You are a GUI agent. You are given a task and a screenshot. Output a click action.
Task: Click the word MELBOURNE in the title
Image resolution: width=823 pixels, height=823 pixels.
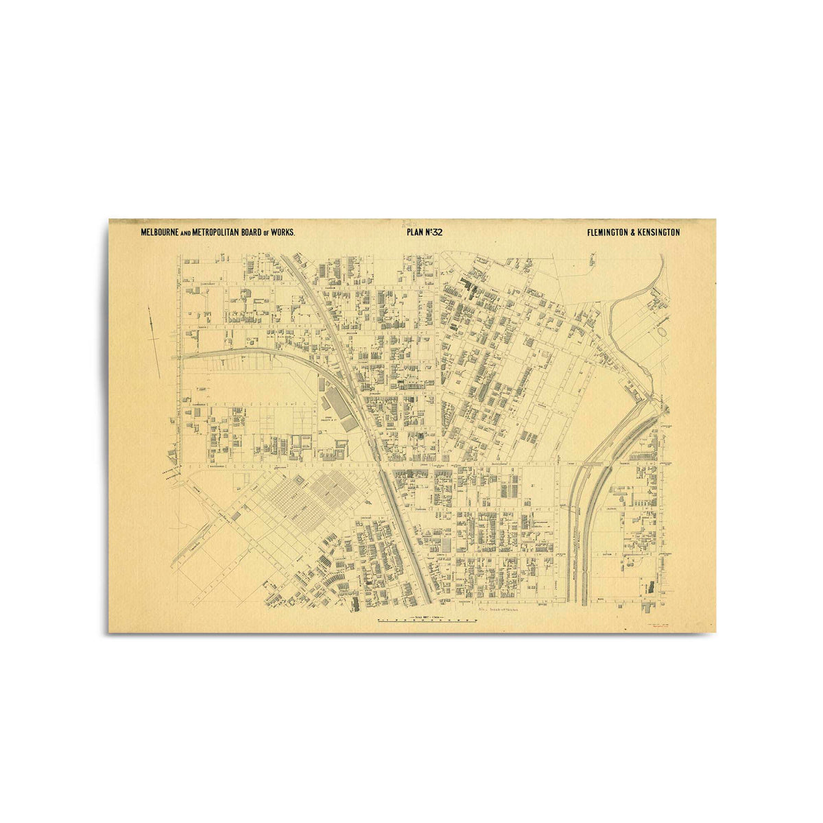pyautogui.click(x=158, y=233)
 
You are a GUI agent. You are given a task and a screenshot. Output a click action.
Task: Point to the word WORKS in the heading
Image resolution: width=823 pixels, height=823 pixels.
pyautogui.click(x=283, y=233)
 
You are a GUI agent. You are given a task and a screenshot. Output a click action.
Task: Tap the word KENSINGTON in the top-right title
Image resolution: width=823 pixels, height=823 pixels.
pyautogui.click(x=659, y=232)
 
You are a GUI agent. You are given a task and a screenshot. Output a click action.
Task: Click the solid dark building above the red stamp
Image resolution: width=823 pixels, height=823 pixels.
pyautogui.click(x=647, y=587)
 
